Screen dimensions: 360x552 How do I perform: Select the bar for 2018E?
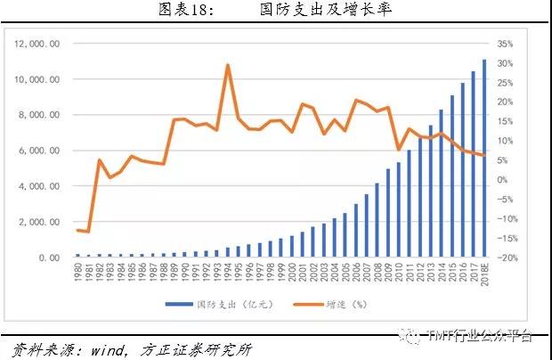(x=484, y=159)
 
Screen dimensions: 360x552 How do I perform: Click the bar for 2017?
(x=474, y=165)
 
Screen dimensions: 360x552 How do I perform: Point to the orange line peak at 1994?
(x=228, y=65)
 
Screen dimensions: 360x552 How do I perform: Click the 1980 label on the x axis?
(x=77, y=272)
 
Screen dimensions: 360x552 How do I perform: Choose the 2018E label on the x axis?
(x=484, y=274)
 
